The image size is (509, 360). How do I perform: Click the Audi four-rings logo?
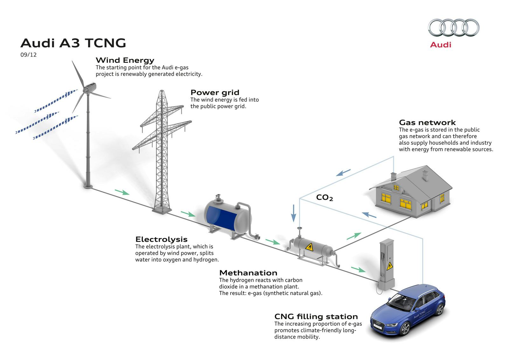(x=453, y=27)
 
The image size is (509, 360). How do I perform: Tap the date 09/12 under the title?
(x=29, y=55)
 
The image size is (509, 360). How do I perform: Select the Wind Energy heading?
(x=125, y=60)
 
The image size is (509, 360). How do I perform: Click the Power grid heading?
(x=215, y=92)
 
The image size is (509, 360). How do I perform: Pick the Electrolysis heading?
(x=161, y=239)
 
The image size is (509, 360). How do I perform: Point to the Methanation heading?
(x=248, y=273)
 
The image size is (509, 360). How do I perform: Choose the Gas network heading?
(x=427, y=123)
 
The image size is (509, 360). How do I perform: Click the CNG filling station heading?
(x=316, y=316)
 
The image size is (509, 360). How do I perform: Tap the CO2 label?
(x=324, y=198)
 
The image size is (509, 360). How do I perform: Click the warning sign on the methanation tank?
(x=309, y=247)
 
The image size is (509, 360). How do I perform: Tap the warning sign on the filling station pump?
(x=389, y=266)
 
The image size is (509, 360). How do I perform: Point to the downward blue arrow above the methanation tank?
(x=293, y=213)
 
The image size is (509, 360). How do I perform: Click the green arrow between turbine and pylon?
(x=122, y=192)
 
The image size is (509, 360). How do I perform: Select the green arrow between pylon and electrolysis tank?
(x=188, y=214)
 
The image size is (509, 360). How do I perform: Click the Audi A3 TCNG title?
(x=73, y=43)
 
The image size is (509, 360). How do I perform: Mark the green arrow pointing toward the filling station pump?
(x=358, y=269)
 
